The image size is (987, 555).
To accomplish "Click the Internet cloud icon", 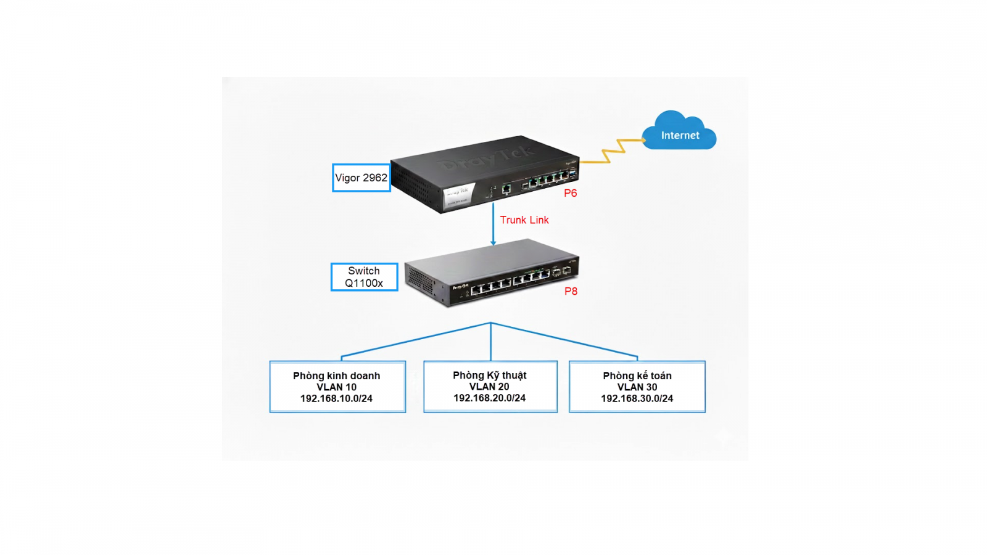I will click(x=679, y=131).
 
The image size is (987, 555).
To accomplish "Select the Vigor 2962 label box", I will click(x=361, y=178).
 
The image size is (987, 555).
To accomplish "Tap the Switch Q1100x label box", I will click(x=364, y=277).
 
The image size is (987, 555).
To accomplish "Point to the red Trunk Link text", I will click(x=524, y=220).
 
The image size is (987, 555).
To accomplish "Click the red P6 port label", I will click(x=571, y=194).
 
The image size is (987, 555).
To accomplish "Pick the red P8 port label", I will click(x=571, y=292).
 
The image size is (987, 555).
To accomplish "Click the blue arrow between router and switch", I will click(x=493, y=225).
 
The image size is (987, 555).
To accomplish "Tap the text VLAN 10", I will click(x=336, y=387).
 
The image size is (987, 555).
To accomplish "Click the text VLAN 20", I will click(x=489, y=387).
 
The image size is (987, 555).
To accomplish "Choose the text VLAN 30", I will click(x=637, y=387).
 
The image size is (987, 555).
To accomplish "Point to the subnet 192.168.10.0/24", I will click(x=336, y=399).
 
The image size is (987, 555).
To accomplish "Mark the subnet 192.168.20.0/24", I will click(x=489, y=398).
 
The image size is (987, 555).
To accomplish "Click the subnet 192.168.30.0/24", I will click(x=637, y=399).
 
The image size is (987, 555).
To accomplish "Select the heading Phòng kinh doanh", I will click(x=336, y=376).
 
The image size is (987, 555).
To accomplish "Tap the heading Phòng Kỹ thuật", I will click(x=489, y=375).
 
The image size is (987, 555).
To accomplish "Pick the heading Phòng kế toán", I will click(x=637, y=376).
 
